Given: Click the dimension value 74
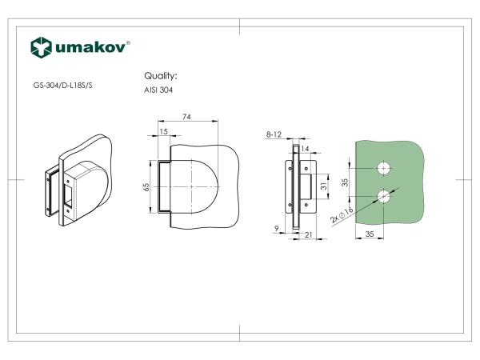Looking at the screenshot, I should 186,117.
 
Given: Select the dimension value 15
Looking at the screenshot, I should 163,131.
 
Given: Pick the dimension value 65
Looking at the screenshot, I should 146,187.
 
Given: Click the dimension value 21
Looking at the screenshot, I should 308,235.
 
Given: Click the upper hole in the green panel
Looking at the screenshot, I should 384,168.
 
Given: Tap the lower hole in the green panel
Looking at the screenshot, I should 384,197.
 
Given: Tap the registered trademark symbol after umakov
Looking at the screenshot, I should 129,42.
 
